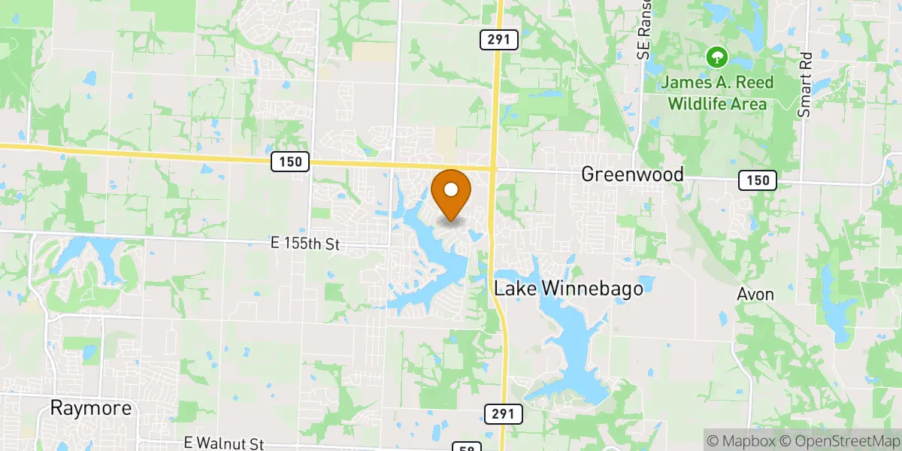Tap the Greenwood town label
(632, 174)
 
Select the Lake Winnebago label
(568, 288)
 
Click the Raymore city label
(90, 408)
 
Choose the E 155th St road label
(306, 244)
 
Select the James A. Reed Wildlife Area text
(718, 93)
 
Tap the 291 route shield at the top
(500, 40)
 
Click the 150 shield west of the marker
(290, 162)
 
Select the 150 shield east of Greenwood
(757, 180)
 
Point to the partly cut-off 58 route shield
(466, 447)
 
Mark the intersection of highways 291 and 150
(493, 168)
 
